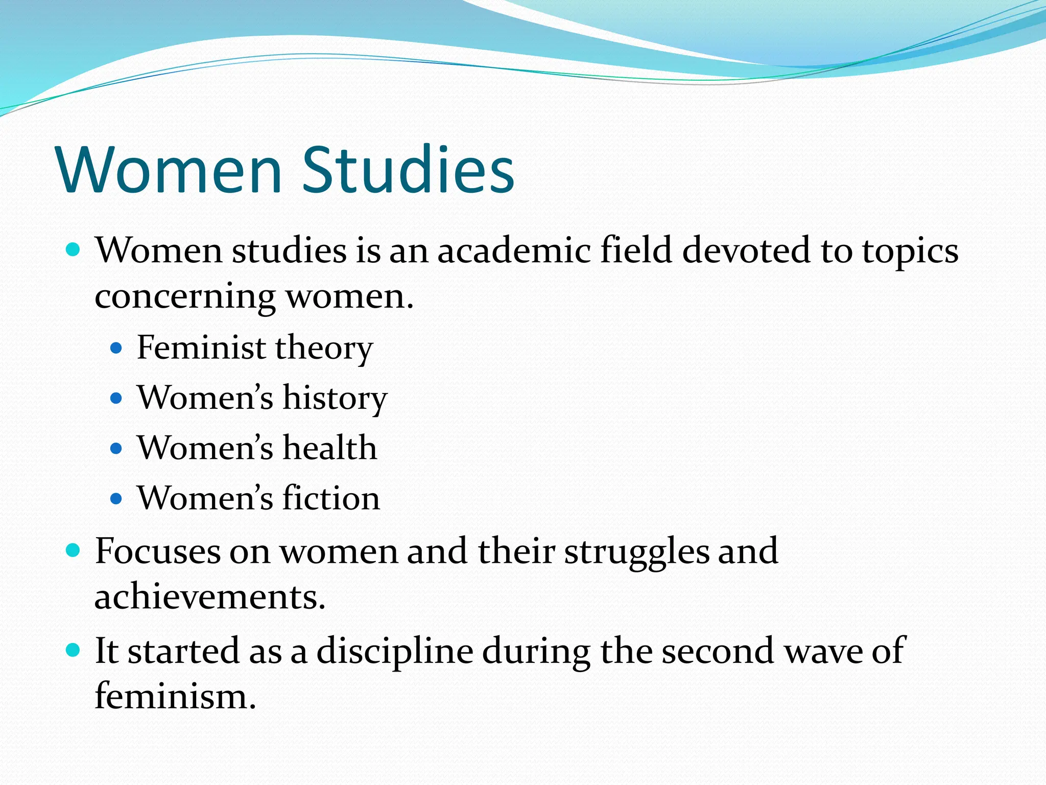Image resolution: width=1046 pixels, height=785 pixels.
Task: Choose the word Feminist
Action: tap(201, 348)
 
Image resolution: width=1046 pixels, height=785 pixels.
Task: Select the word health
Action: tap(330, 448)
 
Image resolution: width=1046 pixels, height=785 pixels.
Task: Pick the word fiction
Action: tap(331, 498)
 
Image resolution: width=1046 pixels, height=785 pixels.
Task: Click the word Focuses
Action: tap(157, 551)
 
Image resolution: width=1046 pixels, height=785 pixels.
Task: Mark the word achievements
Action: tap(210, 597)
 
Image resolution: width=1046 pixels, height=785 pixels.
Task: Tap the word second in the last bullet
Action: tap(718, 651)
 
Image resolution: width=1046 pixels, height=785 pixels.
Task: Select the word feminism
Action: tap(175, 696)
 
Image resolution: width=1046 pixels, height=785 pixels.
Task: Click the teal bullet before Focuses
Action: tap(74, 550)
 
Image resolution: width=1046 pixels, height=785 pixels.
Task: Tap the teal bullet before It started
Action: tap(74, 650)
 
